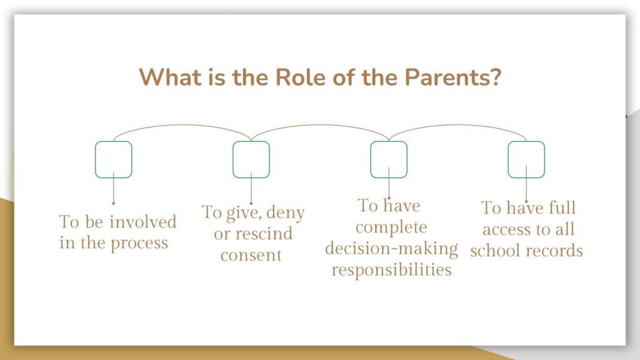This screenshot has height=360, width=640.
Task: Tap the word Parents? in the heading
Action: click(x=452, y=77)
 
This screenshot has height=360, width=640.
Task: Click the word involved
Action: click(x=143, y=222)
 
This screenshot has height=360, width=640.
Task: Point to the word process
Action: click(x=139, y=244)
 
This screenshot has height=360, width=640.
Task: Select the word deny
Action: click(x=285, y=213)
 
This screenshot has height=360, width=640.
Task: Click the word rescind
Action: click(x=264, y=234)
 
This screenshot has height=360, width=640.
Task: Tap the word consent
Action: click(x=251, y=256)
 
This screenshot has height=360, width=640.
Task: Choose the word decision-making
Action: click(x=391, y=249)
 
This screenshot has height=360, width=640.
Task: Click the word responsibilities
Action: click(x=391, y=270)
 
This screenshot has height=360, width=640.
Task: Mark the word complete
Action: click(x=391, y=227)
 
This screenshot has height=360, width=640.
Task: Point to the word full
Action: click(x=562, y=207)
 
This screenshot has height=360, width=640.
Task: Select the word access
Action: click(x=507, y=230)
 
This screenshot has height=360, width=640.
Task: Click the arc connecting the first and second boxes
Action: click(x=182, y=125)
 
